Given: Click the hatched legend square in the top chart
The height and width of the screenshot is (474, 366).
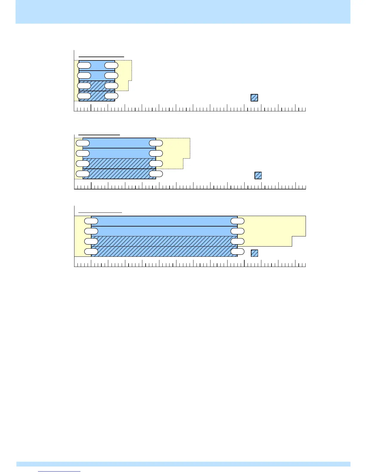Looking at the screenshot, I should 254,98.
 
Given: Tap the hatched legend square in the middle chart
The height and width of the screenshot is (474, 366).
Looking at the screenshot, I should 258,175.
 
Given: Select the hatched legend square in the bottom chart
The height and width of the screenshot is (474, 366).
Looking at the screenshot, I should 254,253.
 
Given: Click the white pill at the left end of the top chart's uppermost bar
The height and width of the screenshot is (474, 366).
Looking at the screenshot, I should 84,65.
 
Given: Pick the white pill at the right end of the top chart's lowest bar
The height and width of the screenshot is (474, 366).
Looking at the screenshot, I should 111,96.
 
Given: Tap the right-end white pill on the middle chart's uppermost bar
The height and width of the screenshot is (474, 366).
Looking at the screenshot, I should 156,143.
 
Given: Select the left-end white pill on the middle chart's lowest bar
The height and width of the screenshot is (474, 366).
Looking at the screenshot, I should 83,174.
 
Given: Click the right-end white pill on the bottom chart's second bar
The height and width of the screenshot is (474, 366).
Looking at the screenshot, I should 238,231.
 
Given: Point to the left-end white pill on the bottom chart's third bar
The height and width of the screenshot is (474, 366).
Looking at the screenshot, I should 91,241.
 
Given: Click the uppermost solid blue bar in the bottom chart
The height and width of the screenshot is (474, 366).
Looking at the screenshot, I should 164,221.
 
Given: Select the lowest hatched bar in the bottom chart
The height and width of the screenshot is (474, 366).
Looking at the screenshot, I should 164,252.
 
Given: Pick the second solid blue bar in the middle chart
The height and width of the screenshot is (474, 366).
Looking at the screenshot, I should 120,153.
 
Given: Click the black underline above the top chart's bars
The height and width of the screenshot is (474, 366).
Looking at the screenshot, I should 101,56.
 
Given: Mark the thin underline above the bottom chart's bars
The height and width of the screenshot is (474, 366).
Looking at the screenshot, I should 100,212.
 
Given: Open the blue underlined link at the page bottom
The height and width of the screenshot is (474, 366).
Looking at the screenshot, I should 60,472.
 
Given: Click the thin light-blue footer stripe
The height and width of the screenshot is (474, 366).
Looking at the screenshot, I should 183,464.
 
